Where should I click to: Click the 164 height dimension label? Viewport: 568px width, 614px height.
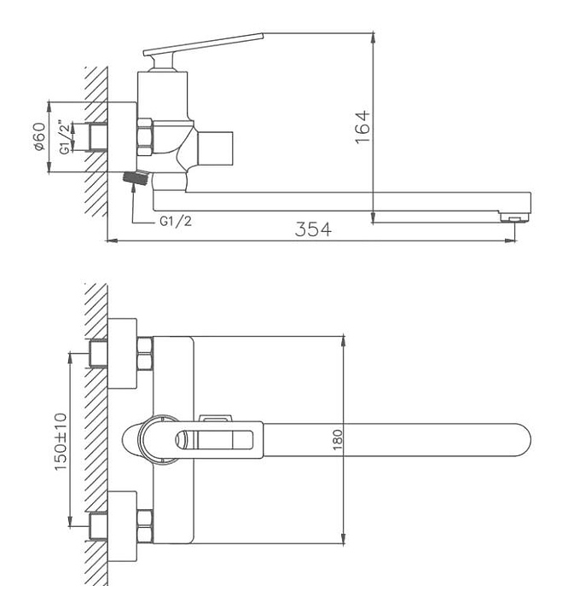pos(362,126)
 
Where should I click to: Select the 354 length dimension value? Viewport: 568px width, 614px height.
pos(314,229)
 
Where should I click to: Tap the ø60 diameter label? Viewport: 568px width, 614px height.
pos(39,136)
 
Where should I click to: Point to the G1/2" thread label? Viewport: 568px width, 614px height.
pos(64,137)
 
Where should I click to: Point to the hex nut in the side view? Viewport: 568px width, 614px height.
pos(144,136)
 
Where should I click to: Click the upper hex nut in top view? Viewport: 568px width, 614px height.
pos(145,350)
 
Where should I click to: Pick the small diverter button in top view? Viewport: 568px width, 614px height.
pos(214,418)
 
